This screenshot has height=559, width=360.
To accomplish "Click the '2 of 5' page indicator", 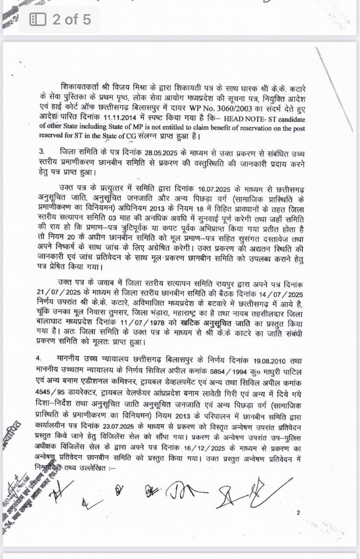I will [72, 19].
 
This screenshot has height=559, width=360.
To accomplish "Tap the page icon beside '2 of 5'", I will [38, 19].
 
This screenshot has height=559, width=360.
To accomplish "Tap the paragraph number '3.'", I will [42, 153].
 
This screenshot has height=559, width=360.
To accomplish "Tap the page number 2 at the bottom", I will [298, 513].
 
